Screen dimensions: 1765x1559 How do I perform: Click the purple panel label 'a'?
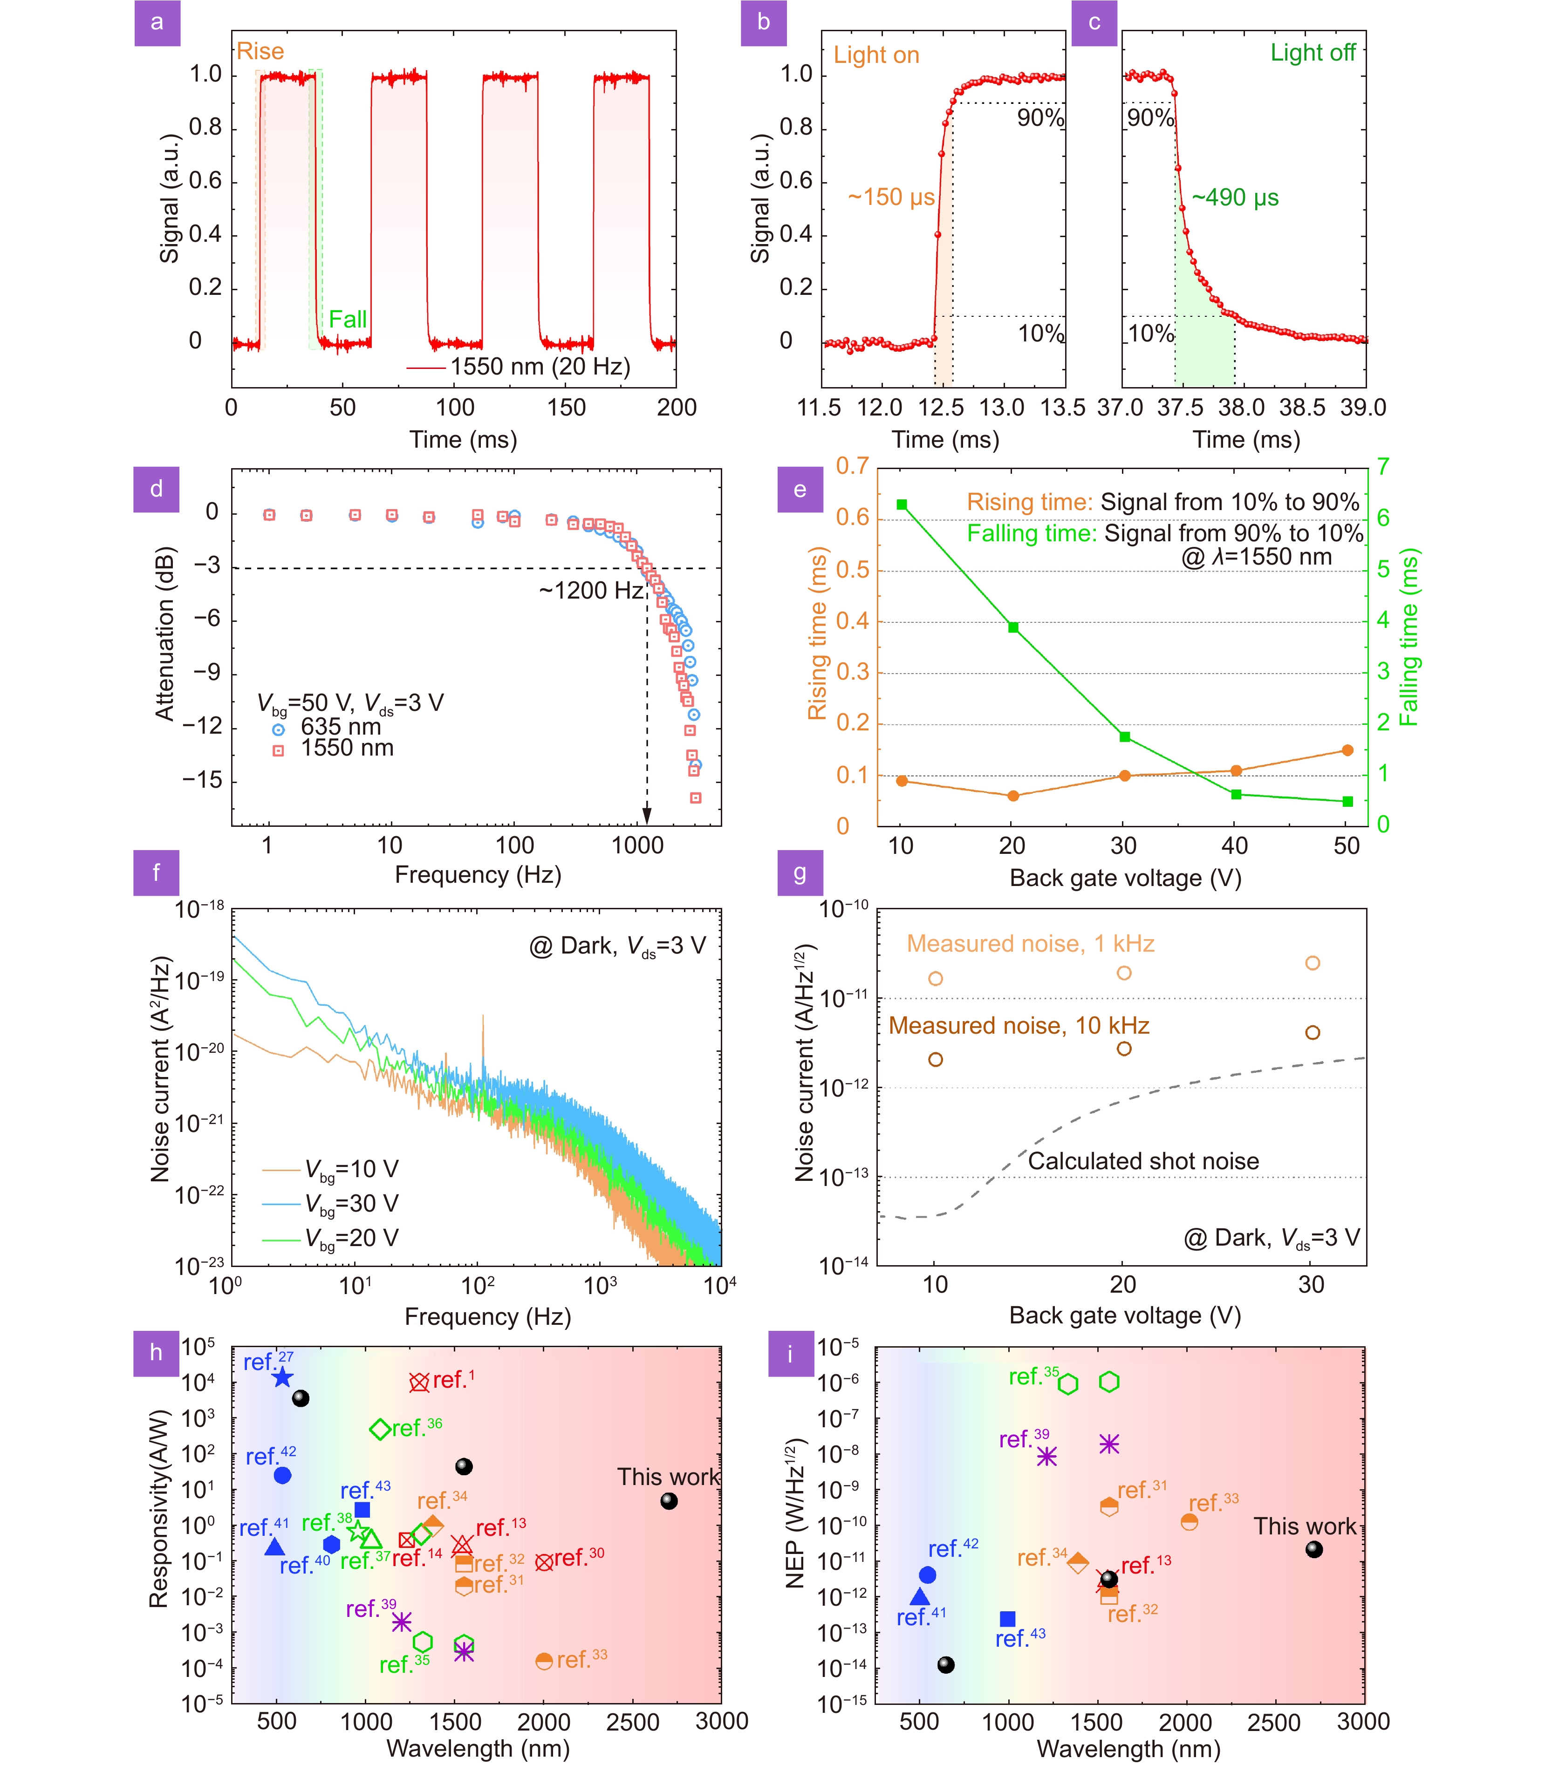coord(157,22)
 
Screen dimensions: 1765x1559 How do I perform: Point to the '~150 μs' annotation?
coord(890,198)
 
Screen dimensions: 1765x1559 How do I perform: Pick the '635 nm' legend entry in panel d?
coord(340,727)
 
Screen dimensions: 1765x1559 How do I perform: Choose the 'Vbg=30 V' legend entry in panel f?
coord(351,1204)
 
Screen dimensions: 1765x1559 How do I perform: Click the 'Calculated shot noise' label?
coord(1142,1161)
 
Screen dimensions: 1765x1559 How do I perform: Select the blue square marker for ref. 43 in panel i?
coord(1007,1619)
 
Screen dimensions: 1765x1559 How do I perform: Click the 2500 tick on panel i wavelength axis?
coord(1273,1722)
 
